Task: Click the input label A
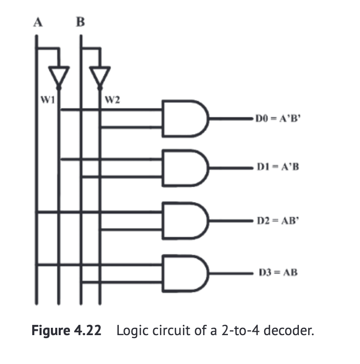tap(37, 23)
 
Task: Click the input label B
tap(81, 23)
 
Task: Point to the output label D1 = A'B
tap(277, 167)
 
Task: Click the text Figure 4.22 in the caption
tap(67, 331)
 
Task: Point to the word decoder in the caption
tap(291, 331)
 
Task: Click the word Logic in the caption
tap(130, 331)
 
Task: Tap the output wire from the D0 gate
tap(230, 118)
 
